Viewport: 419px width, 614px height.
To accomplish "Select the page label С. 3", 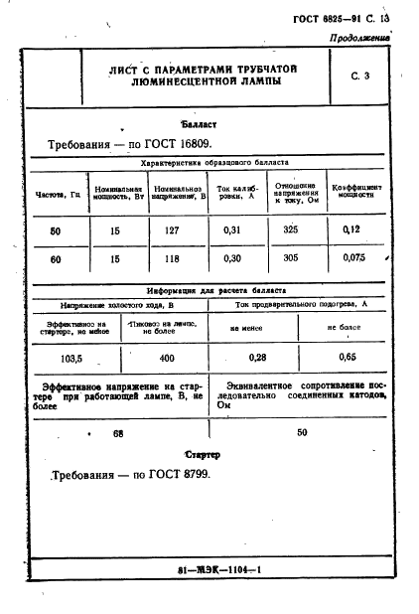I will point(360,77).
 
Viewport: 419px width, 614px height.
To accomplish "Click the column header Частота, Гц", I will point(59,195).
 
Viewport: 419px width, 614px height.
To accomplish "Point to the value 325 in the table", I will point(291,230).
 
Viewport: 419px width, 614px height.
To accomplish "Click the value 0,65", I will point(348,356).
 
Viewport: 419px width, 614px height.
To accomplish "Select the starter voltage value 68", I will point(119,433).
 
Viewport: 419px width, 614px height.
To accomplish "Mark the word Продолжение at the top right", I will point(360,39).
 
